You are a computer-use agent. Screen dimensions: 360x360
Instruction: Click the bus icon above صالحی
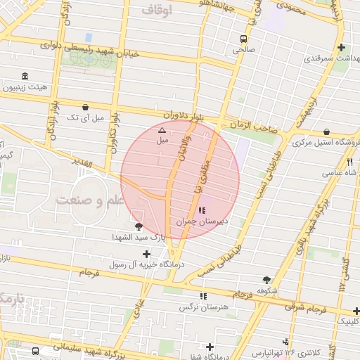click(x=243, y=39)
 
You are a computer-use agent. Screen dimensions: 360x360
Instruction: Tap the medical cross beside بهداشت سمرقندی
click(x=341, y=48)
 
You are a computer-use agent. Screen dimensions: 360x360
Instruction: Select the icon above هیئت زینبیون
click(x=25, y=76)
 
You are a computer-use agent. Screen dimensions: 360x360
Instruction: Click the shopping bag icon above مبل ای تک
click(x=86, y=108)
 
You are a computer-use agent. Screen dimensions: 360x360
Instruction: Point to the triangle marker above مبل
click(x=162, y=130)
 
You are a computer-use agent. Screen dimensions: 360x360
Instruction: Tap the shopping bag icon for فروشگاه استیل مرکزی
click(x=327, y=131)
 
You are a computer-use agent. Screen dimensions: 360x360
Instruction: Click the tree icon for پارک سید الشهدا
click(x=138, y=226)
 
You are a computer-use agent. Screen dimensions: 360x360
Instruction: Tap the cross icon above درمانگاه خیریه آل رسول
click(x=146, y=254)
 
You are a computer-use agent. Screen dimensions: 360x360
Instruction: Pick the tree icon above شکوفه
click(x=266, y=279)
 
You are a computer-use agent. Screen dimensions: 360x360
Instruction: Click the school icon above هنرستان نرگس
click(x=203, y=297)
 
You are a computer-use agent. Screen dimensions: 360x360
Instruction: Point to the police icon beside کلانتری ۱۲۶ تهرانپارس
click(x=287, y=351)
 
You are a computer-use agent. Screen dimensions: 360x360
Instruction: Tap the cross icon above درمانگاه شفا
click(x=210, y=347)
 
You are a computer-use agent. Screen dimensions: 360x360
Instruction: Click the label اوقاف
click(x=157, y=10)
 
